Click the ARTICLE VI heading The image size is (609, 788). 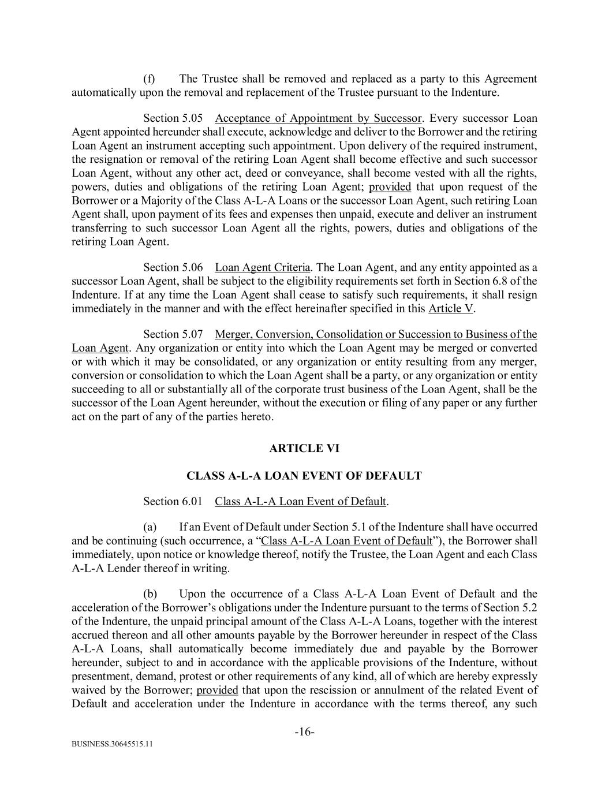click(x=304, y=448)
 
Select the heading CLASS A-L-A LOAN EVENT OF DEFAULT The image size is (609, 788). click(x=304, y=476)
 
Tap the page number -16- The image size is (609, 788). click(x=304, y=732)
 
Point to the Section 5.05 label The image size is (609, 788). click(x=173, y=118)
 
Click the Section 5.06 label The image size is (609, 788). click(x=173, y=267)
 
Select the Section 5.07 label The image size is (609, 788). click(x=173, y=334)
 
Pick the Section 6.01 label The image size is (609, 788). click(x=173, y=501)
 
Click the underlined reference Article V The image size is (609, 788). click(x=451, y=308)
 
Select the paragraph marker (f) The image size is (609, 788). click(x=149, y=79)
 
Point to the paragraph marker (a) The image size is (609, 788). click(x=149, y=526)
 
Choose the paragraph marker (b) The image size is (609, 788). click(x=149, y=594)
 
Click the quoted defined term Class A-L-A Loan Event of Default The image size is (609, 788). click(x=346, y=541)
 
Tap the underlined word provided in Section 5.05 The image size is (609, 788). click(x=390, y=187)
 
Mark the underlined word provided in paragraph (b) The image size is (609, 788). click(x=217, y=690)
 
